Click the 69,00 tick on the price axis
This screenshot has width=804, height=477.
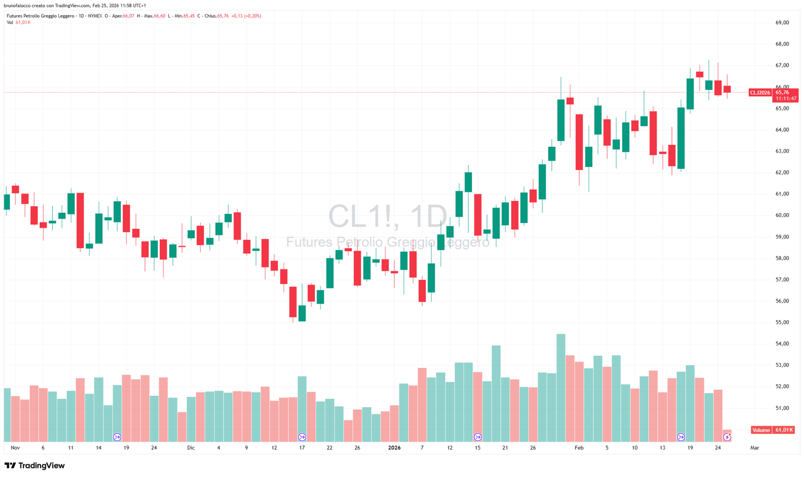coord(782,23)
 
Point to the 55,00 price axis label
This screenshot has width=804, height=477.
coord(782,323)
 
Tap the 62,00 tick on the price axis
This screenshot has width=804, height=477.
coord(782,172)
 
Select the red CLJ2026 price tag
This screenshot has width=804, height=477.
coord(760,92)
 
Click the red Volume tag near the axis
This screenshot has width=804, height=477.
coord(761,430)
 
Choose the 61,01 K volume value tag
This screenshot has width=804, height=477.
coord(784,430)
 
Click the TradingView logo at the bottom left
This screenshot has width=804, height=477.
coord(35,466)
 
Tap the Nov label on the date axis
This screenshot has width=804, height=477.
coord(15,448)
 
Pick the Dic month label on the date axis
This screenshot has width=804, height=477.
coord(190,448)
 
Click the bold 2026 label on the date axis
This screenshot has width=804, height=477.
coord(394,448)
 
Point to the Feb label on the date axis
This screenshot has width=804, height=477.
coord(579,448)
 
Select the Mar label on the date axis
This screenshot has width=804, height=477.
coord(754,448)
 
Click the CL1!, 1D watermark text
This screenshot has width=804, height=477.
coord(387,217)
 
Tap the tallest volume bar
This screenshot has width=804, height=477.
coord(561,387)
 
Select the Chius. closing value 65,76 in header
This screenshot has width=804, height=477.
coord(223,16)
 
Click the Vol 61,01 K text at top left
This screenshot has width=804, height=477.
coord(19,23)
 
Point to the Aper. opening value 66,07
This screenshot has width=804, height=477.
coord(128,16)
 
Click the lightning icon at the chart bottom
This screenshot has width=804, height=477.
coord(727,437)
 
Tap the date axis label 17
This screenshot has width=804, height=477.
coord(302,448)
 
